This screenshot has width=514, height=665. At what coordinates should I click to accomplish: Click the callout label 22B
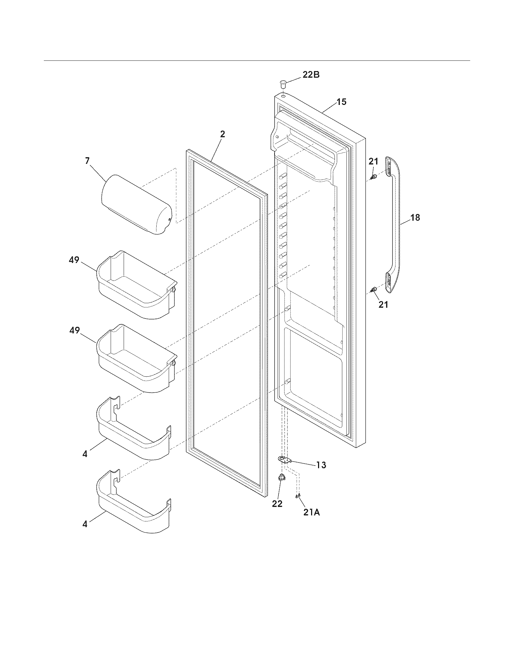311,75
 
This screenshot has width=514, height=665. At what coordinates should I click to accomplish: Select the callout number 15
341,102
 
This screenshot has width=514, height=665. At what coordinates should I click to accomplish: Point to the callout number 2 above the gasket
223,134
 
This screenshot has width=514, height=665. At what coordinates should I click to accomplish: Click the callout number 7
87,161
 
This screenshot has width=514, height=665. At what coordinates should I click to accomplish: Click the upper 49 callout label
74,260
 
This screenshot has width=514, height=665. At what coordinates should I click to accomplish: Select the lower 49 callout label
74,330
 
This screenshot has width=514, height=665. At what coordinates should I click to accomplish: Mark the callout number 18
415,218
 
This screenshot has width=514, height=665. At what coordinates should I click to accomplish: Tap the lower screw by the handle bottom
373,289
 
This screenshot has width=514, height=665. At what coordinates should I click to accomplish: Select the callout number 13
320,465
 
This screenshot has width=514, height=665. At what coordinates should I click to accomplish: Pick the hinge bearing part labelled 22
281,478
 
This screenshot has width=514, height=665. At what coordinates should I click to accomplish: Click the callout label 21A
311,512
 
